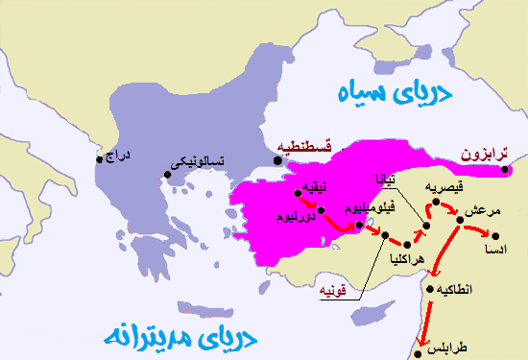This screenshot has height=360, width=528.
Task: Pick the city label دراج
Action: click(x=115, y=155)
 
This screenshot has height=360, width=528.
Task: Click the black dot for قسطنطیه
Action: click(x=278, y=160)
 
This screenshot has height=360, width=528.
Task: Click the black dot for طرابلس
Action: click(x=419, y=352)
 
